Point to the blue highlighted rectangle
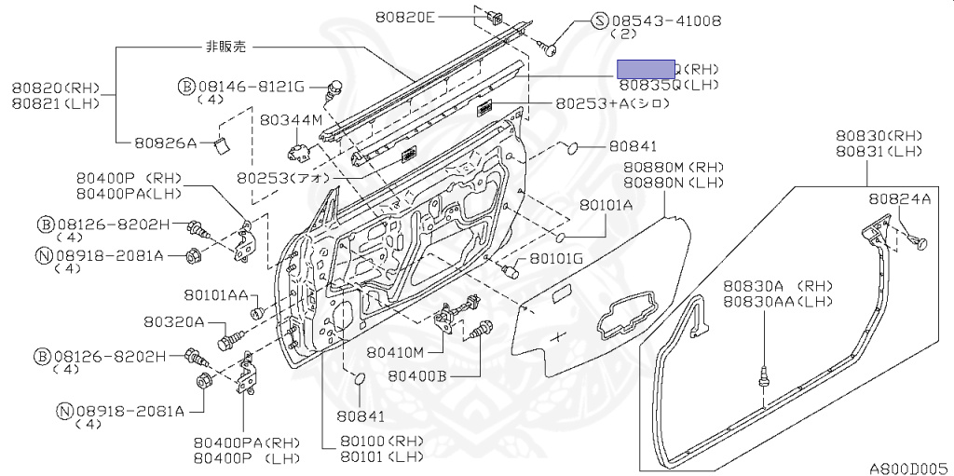click(x=647, y=67)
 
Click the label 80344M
click(x=291, y=120)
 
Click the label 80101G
click(x=556, y=258)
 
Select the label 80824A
click(x=899, y=198)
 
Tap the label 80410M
click(x=395, y=352)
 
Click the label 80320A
click(x=173, y=321)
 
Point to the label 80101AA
click(x=215, y=295)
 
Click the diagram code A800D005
click(x=908, y=468)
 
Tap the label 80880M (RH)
click(x=674, y=167)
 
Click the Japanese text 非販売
click(x=225, y=46)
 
